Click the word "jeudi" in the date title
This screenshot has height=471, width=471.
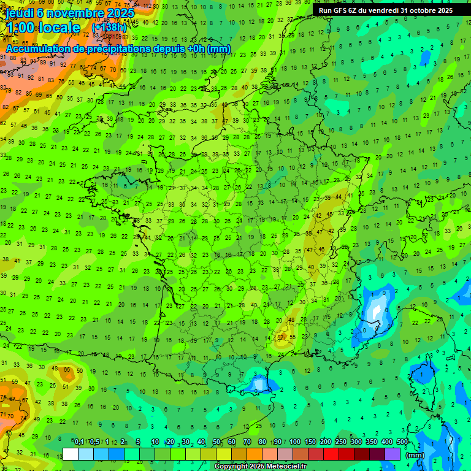(20, 13)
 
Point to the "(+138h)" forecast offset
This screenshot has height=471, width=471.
(109, 28)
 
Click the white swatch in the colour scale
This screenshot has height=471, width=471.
(71, 454)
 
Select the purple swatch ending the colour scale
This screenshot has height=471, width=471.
(392, 454)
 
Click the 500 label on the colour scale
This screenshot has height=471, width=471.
(402, 442)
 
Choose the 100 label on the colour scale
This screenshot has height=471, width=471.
(295, 442)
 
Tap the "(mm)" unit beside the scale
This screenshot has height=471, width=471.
(416, 455)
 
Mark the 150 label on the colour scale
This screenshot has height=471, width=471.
(310, 442)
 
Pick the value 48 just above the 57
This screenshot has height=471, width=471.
(291, 320)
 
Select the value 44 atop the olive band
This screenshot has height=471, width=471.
(339, 196)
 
